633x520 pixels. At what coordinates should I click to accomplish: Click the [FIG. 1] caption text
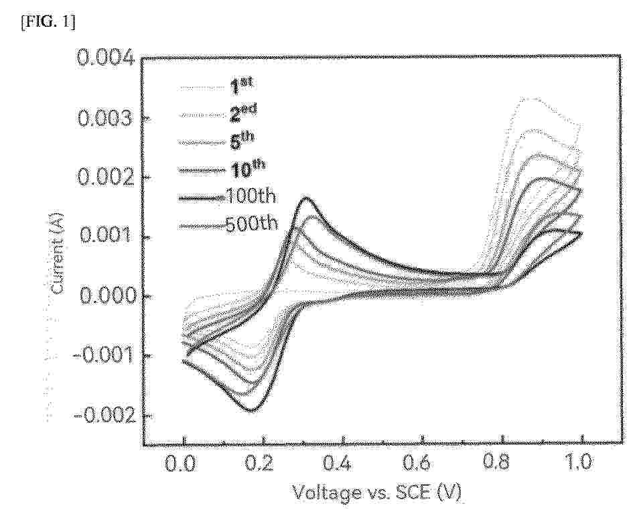(38, 15)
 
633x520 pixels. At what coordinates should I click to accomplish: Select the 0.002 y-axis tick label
(106, 178)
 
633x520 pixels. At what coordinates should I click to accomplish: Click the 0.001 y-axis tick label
(106, 237)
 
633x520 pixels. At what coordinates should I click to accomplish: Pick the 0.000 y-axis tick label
(106, 296)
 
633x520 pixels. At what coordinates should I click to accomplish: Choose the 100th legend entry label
(251, 197)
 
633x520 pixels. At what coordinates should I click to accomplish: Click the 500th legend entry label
(251, 224)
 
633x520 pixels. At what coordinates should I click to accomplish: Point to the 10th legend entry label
(244, 169)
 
